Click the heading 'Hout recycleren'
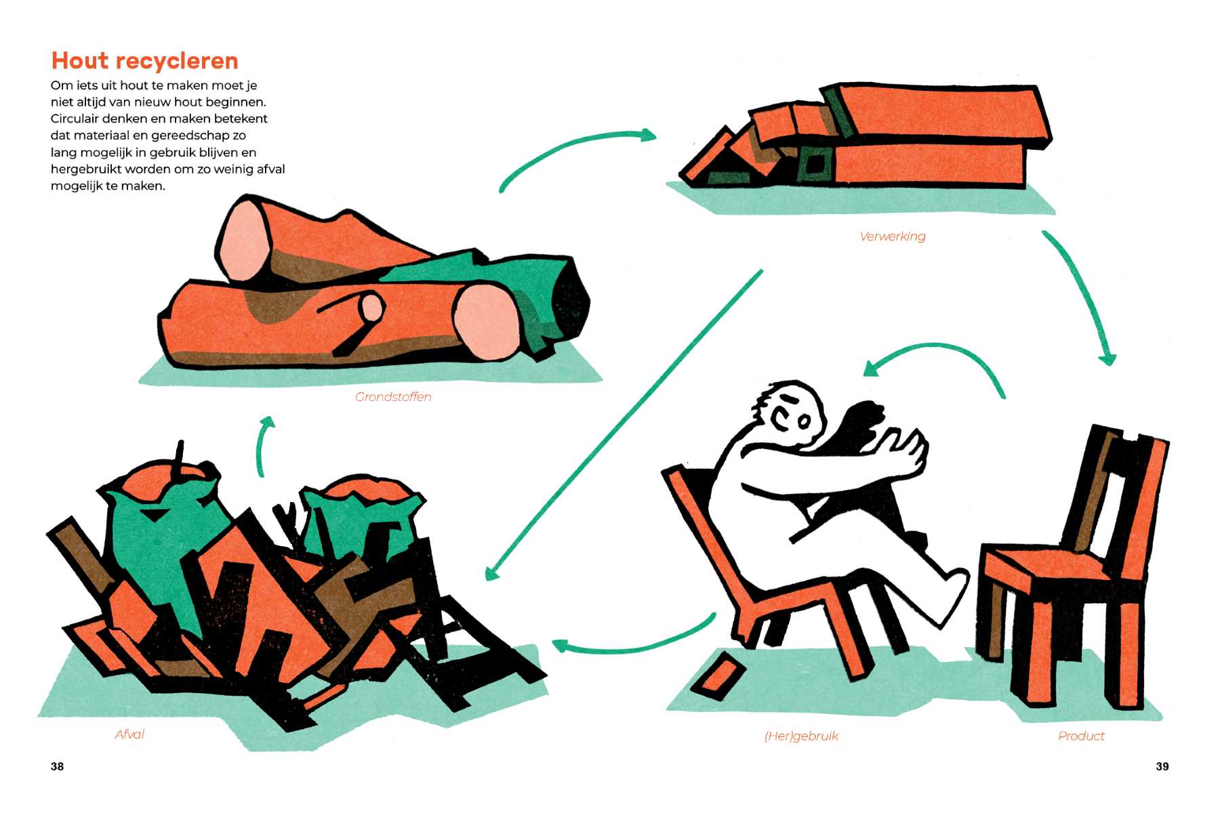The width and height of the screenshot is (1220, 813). [x=145, y=61]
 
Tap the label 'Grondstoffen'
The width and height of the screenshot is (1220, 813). [x=393, y=397]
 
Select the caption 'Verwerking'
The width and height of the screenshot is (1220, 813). [x=892, y=236]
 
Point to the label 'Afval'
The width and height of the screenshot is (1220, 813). [x=129, y=734]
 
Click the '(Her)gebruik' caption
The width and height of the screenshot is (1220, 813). [x=801, y=736]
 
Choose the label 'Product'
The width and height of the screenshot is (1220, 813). [x=1081, y=736]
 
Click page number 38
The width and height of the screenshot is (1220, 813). [x=58, y=766]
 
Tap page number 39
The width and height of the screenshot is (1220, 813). [x=1162, y=766]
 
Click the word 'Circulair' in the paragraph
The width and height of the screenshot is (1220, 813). [x=75, y=119]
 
